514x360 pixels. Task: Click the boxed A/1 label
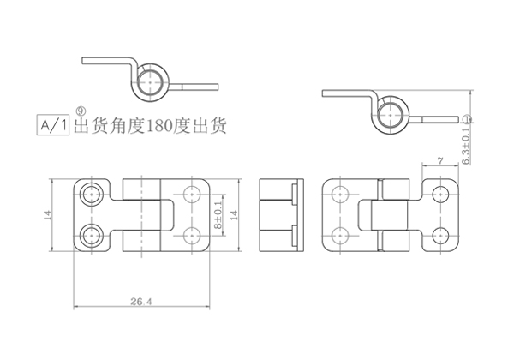(x=53, y=126)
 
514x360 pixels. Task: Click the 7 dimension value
(x=439, y=159)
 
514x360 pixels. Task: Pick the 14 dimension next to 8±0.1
(x=232, y=212)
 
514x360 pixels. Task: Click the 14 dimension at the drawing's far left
(x=47, y=214)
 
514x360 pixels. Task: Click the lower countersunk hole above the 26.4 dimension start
(x=90, y=234)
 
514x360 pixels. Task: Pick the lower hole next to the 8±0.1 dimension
(x=190, y=233)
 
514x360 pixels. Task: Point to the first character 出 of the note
(x=84, y=128)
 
